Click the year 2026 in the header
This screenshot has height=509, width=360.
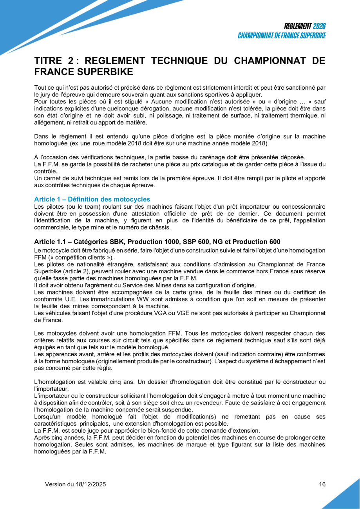tap(319, 26)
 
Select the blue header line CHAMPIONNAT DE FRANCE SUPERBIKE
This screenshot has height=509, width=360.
tap(282, 36)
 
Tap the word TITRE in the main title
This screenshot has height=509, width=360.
tap(48, 61)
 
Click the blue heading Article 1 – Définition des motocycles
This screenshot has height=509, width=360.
tap(92, 199)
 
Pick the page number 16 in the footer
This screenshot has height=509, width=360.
tap(322, 484)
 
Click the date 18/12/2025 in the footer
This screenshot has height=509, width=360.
tap(90, 484)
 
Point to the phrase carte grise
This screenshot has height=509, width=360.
tap(172, 292)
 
